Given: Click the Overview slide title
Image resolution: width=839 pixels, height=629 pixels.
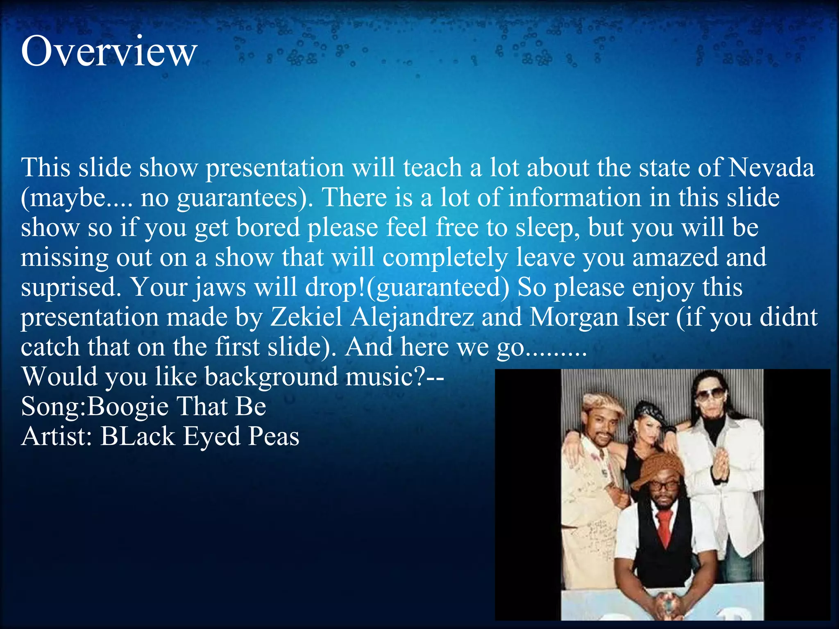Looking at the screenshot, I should pyautogui.click(x=109, y=52).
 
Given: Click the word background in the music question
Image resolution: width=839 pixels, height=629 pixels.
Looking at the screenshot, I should pyautogui.click(x=271, y=377).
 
